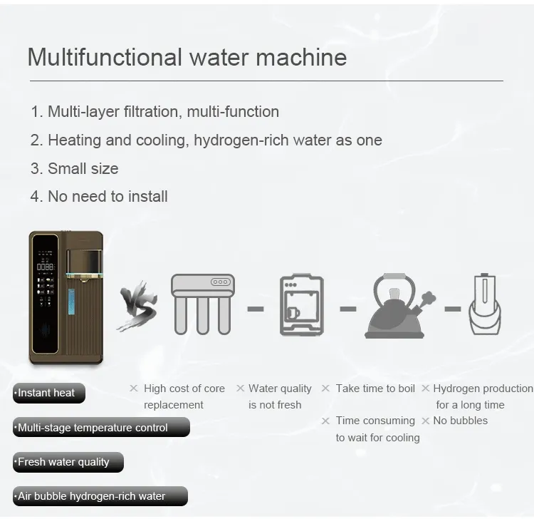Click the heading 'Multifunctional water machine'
(187, 57)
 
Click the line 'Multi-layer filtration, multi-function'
(163, 112)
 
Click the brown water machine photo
(66, 297)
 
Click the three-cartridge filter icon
(202, 304)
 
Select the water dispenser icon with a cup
(300, 304)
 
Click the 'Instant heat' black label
(48, 393)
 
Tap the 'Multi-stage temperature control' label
(100, 428)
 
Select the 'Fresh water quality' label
(68, 462)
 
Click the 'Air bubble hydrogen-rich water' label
(100, 496)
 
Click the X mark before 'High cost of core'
(133, 389)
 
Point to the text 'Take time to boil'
(375, 389)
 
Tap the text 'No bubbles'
(460, 421)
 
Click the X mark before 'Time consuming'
(325, 421)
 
